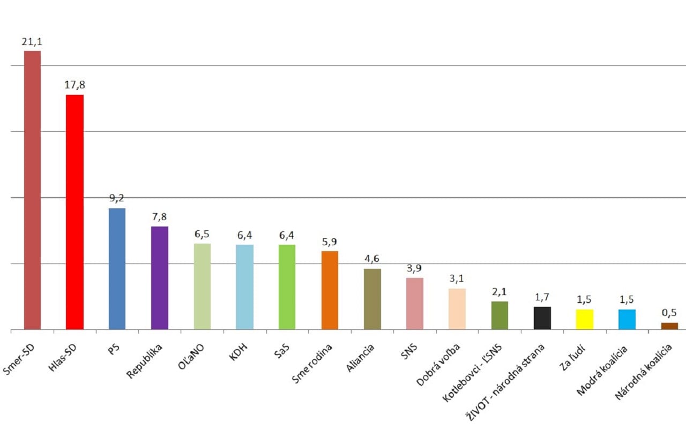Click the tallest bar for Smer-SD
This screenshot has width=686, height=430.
(32, 190)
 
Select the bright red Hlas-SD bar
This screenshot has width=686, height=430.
(74, 212)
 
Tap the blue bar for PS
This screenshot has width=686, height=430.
(117, 269)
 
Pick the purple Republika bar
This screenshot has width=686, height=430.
(160, 278)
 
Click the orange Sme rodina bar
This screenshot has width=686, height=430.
(330, 290)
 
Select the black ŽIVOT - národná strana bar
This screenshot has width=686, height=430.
(542, 318)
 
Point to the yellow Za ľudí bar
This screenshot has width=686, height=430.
(585, 319)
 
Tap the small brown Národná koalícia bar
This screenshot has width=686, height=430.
(669, 326)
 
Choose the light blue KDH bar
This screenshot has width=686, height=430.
(244, 287)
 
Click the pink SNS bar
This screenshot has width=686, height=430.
(415, 304)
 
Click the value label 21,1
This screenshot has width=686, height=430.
(32, 41)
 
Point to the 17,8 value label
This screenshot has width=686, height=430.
(74, 85)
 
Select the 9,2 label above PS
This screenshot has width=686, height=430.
(117, 198)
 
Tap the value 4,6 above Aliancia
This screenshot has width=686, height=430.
(372, 259)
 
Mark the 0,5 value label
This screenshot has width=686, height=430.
(669, 313)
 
